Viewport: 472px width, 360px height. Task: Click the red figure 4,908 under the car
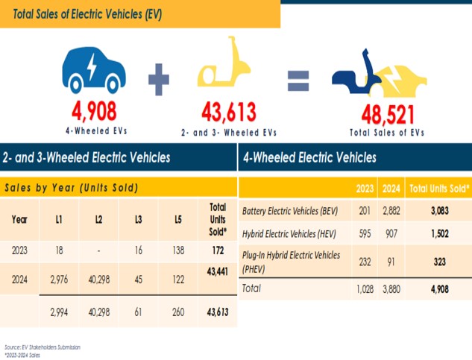(x=94, y=113)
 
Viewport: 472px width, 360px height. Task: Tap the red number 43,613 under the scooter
(x=228, y=113)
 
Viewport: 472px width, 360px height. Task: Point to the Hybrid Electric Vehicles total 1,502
(x=438, y=234)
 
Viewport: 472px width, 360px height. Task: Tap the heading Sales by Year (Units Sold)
(x=72, y=187)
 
